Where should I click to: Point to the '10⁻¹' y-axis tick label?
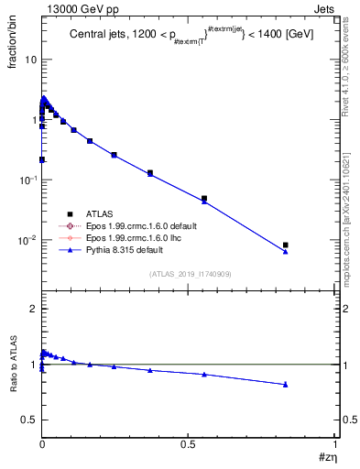[x=27, y=180]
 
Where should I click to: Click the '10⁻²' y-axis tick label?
[x=27, y=240]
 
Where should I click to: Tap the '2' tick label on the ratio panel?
[x=32, y=310]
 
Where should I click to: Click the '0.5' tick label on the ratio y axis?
[x=27, y=420]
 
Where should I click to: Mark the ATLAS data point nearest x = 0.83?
[x=286, y=245]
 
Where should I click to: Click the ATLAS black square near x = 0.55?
[x=204, y=198]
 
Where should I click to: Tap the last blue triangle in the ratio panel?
[x=286, y=384]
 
